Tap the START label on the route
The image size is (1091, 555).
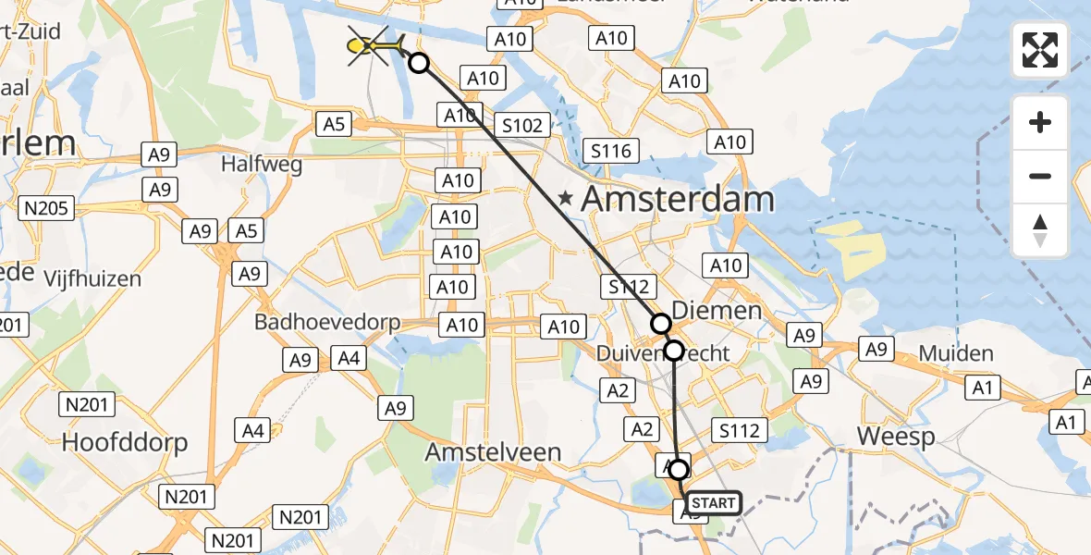click(x=714, y=503)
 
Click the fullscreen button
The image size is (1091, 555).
click(x=1040, y=50)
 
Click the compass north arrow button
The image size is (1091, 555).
click(x=1040, y=230)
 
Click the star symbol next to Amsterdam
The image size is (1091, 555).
click(x=566, y=197)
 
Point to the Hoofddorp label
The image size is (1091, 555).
click(x=125, y=442)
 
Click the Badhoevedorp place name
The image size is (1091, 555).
click(x=329, y=323)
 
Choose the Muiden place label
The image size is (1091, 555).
click(x=956, y=353)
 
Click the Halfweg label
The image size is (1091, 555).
click(x=255, y=163)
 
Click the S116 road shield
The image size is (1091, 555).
click(x=611, y=150)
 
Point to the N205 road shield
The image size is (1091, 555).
click(x=47, y=208)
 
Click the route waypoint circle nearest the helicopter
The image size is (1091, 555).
click(x=419, y=63)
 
